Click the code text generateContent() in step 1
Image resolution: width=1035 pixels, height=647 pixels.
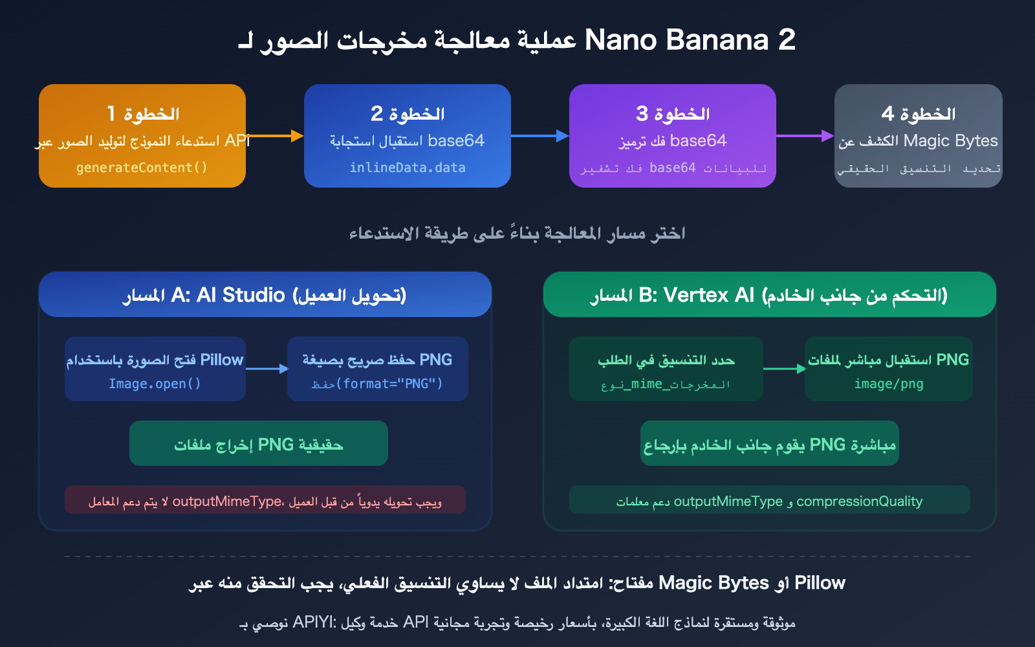pos(142,168)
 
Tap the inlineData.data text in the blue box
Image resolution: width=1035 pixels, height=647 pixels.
pos(408,168)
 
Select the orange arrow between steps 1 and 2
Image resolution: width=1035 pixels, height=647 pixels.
pos(275,136)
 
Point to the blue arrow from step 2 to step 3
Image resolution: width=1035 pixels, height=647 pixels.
pos(539,136)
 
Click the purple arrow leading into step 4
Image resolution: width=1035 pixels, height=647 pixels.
pos(805,136)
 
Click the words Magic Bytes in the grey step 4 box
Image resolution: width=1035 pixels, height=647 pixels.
pos(950,140)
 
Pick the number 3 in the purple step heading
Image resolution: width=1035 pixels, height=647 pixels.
pos(642,114)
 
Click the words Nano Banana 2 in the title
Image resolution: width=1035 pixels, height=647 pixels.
pos(690,40)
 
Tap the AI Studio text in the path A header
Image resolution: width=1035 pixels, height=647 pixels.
pos(241,295)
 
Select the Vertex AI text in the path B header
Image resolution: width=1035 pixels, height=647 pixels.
pos(709,295)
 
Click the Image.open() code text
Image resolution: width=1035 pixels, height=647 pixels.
pos(155,384)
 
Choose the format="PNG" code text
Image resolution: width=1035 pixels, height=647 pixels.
pos(393,384)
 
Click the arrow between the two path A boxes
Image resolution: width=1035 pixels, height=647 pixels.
pos(267,369)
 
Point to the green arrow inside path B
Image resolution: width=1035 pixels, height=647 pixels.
pos(784,369)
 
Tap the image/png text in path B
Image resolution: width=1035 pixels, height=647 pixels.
pos(889,384)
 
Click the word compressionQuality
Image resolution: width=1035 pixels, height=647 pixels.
pos(859,501)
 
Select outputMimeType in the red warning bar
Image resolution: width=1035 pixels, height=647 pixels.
pos(227,501)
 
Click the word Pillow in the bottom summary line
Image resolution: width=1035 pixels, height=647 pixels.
pos(820,583)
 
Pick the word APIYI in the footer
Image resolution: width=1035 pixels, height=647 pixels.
pos(314,622)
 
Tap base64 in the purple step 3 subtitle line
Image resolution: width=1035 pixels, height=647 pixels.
pos(699,140)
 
